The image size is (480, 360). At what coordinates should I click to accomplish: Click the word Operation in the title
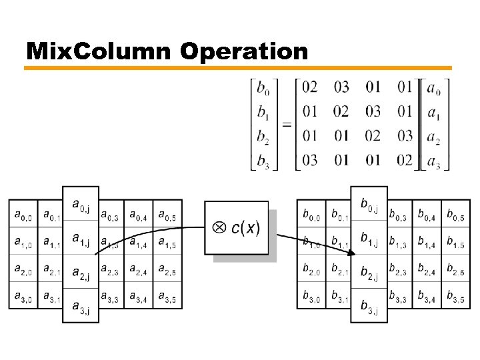244,51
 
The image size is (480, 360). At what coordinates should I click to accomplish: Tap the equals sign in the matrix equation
286,124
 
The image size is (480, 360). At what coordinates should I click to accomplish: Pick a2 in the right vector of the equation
433,137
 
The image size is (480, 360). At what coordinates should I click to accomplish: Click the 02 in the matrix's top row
309,87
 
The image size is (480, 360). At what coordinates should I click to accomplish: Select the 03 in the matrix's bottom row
309,160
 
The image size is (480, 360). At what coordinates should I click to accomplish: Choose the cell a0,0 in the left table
22,215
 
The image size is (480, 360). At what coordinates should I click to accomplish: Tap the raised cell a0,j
81,206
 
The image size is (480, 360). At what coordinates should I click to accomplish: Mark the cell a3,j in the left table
81,307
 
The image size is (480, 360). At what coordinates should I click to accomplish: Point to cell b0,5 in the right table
455,215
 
